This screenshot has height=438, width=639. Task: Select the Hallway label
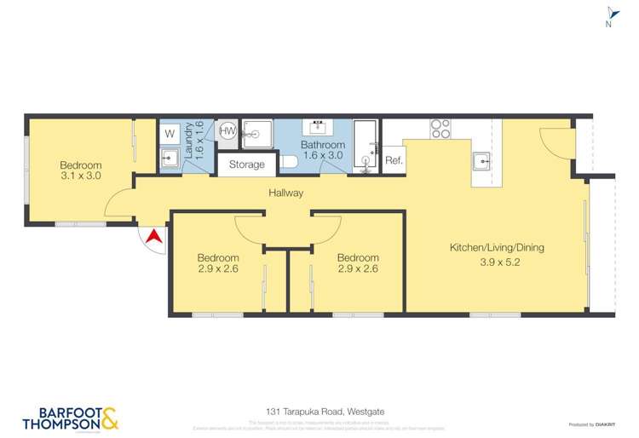click(285, 193)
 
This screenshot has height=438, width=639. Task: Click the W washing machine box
click(169, 134)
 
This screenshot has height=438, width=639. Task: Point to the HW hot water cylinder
click(227, 131)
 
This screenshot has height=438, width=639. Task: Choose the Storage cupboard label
click(246, 164)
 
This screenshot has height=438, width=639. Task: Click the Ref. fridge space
click(394, 160)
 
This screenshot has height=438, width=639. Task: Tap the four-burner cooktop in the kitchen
click(440, 129)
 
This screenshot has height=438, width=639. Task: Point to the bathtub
click(366, 146)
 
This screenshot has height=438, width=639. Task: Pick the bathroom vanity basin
click(319, 128)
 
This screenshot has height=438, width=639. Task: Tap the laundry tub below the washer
click(169, 158)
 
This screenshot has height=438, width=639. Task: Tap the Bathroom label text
click(323, 145)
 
